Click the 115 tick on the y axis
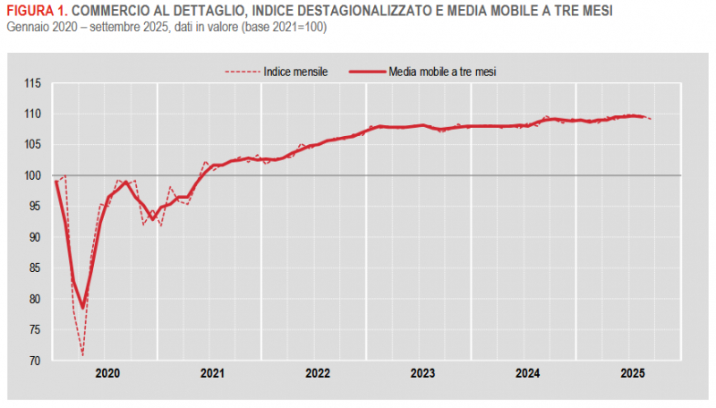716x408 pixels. (x=33, y=83)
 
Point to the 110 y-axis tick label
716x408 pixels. (x=33, y=114)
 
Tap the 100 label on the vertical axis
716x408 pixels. (x=33, y=176)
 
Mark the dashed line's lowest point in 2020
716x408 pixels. (x=82, y=355)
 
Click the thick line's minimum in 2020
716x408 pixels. (x=82, y=308)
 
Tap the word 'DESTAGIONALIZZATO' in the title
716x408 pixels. (x=344, y=11)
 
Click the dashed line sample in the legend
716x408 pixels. (x=242, y=71)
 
